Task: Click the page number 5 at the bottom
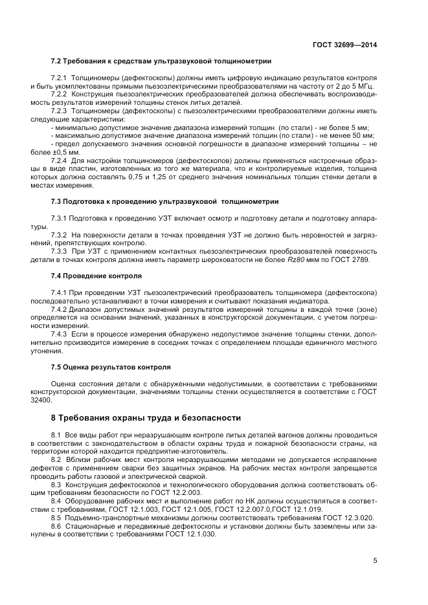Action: (376, 560)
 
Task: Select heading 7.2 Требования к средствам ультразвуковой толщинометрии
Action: (161, 62)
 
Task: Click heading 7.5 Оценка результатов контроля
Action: (111, 366)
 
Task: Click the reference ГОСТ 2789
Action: (358, 259)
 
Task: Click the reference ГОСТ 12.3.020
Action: (350, 518)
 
